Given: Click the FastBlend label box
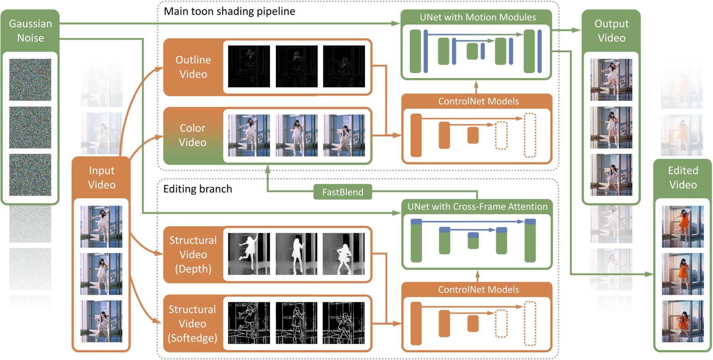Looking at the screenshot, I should pos(343,192).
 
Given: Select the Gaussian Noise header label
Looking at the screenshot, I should pos(31,31).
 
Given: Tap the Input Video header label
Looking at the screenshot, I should pos(101,177).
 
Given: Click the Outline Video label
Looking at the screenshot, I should pos(193,67).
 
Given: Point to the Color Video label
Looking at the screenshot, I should pos(192,135).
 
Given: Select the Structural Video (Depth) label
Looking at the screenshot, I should pos(193,255).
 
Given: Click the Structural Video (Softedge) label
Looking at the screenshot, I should pos(192,324).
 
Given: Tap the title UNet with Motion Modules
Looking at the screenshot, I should pos(477,17).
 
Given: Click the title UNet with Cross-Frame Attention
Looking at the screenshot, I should pos(477,206).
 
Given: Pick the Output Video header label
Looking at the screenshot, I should pos(611,31).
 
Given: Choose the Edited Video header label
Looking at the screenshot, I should pos(682,177).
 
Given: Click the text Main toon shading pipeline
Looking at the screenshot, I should pos(229,11).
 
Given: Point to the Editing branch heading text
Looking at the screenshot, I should pos(197,189).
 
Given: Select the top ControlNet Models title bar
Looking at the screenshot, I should pos(478,101).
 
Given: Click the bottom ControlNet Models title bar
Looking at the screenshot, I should pos(478,290).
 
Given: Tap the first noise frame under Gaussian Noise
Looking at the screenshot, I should pos(30,80).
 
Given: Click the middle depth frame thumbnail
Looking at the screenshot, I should pos(296,254).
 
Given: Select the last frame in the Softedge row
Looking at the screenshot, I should pos(344,323).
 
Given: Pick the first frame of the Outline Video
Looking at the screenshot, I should pos(249,67).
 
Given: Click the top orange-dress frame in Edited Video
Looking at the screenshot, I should pos(682,226).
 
